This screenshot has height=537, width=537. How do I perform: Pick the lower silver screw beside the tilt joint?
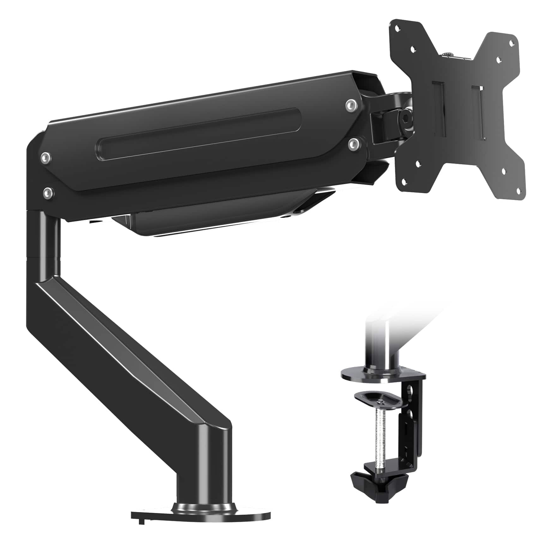353,143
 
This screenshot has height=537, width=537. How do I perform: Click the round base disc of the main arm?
202,512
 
